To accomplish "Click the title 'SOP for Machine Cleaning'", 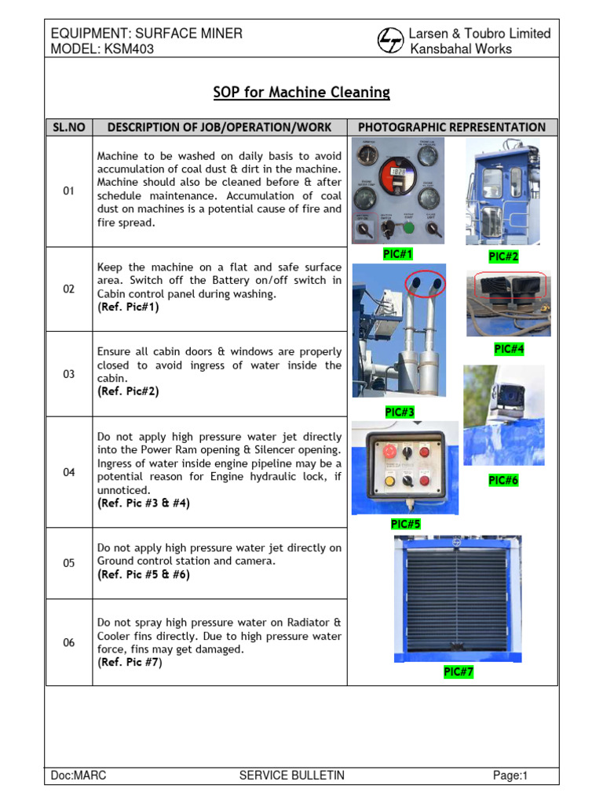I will pyautogui.click(x=301, y=93).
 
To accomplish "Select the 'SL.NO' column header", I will pyautogui.click(x=68, y=127).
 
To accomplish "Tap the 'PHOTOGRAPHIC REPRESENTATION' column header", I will pyautogui.click(x=451, y=127).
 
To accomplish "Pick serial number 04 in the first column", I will pyautogui.click(x=68, y=472).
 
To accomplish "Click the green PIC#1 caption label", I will pyautogui.click(x=397, y=253).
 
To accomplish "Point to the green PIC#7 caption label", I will pyautogui.click(x=458, y=672).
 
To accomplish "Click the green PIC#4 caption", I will pyautogui.click(x=509, y=349).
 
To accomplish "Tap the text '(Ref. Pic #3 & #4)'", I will pyautogui.click(x=143, y=503).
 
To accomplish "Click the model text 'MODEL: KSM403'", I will pyautogui.click(x=102, y=49).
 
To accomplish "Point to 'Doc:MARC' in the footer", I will pyautogui.click(x=78, y=776).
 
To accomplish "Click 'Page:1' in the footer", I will pyautogui.click(x=510, y=776).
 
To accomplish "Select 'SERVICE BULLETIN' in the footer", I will pyautogui.click(x=291, y=776).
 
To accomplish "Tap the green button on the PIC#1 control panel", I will pyautogui.click(x=408, y=228).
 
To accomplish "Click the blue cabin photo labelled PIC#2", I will pyautogui.click(x=502, y=192).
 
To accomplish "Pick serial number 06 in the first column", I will pyautogui.click(x=68, y=642).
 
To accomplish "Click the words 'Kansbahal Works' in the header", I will pyautogui.click(x=461, y=49).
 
